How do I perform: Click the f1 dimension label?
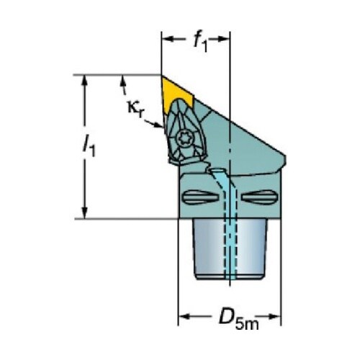click(200, 40)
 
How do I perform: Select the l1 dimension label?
click(89, 145)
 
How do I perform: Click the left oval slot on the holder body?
click(200, 197)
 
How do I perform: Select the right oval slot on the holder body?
click(260, 197)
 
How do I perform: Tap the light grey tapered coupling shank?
click(230, 250)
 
